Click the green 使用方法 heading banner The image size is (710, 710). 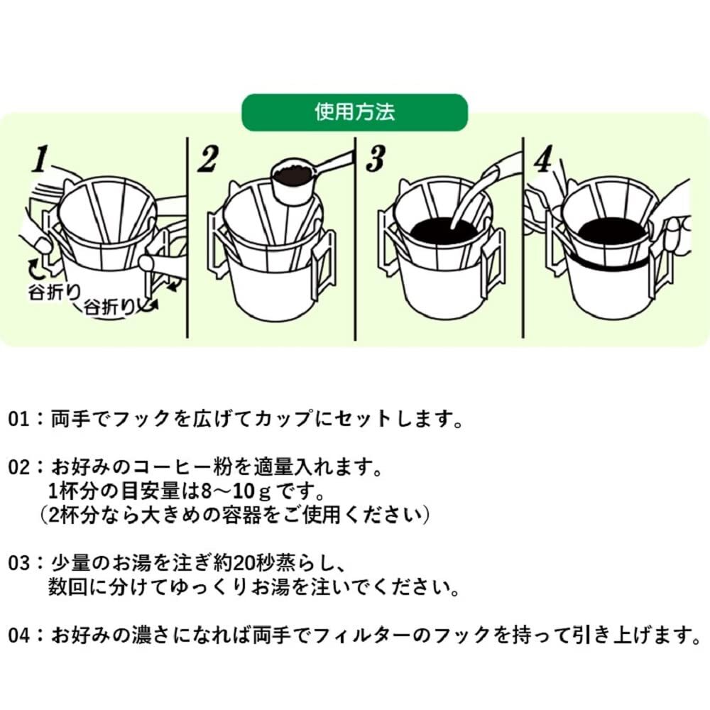tap(355, 112)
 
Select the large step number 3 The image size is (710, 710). tap(374, 160)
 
